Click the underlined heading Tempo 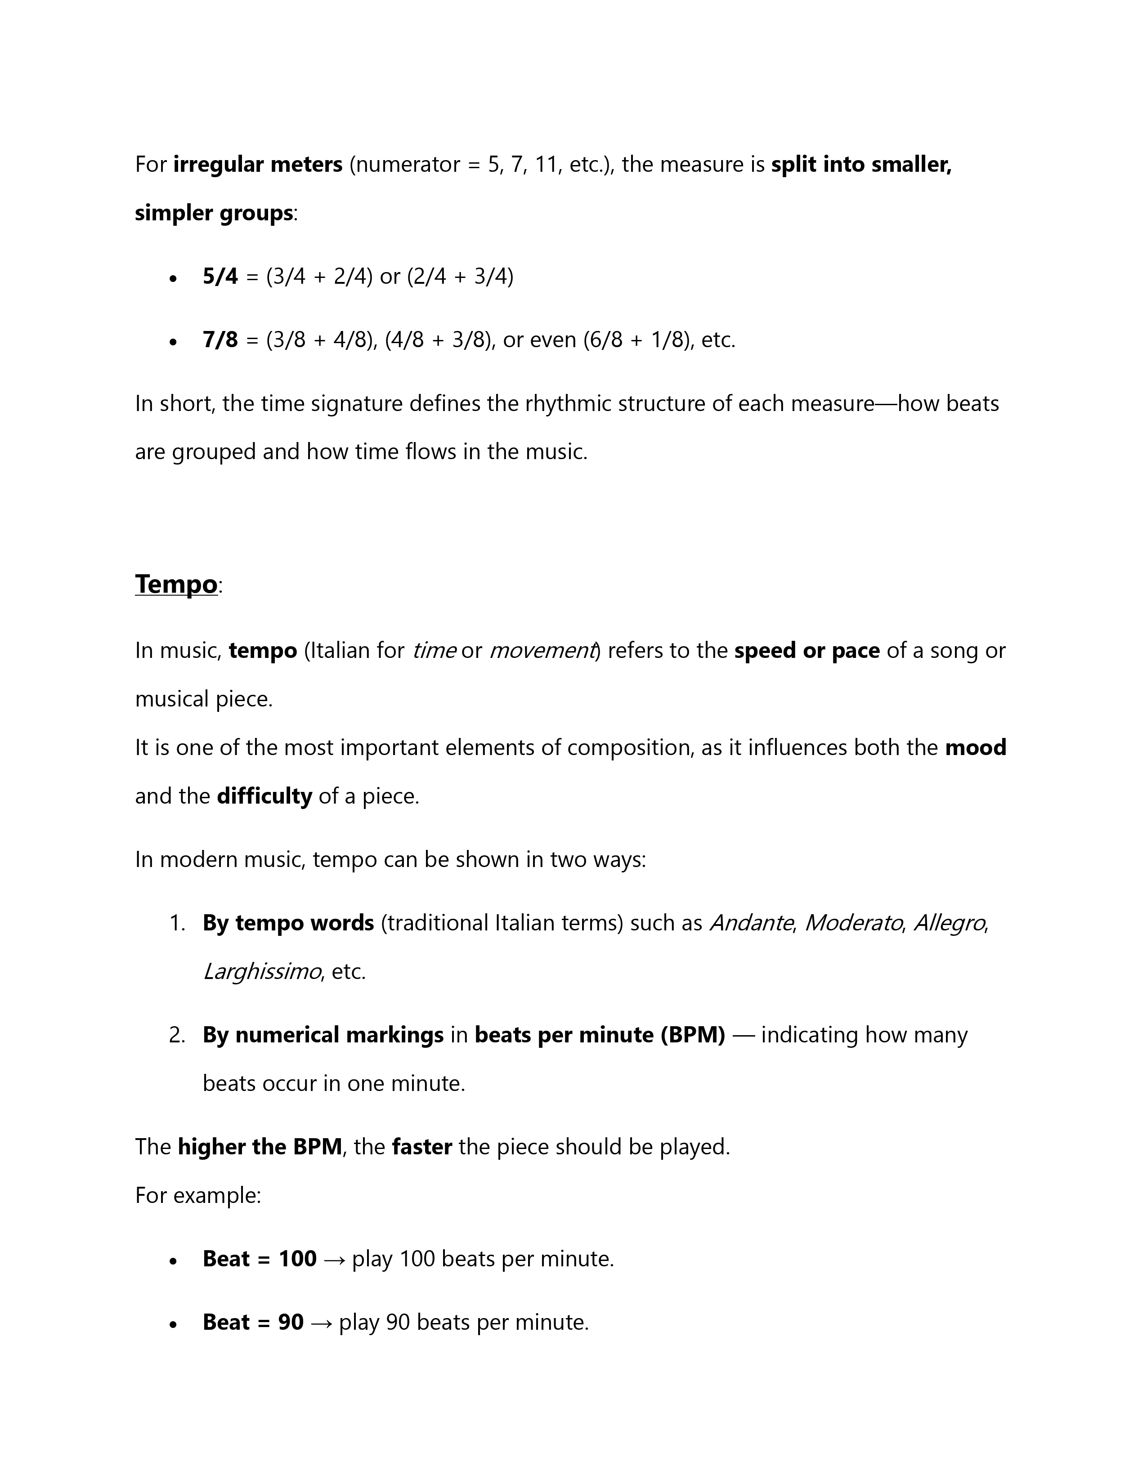176,584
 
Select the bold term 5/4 220,277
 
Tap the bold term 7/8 220,340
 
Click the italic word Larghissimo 262,972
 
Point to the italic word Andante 751,923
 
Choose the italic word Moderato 853,923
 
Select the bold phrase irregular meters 258,165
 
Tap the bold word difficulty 264,796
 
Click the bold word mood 975,747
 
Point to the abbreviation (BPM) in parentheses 692,1035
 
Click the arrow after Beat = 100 334,1259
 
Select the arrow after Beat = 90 321,1322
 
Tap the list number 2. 177,1035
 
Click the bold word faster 422,1147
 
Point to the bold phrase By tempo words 288,923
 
